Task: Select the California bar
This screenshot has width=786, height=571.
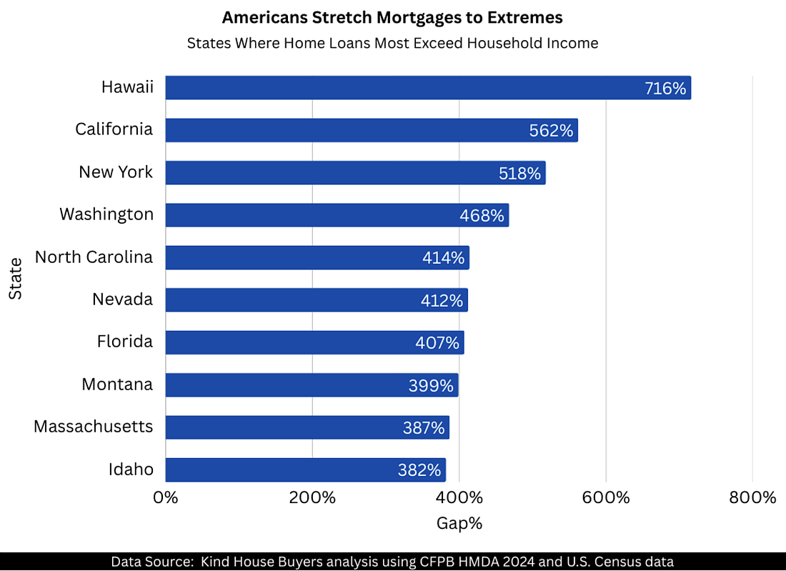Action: pyautogui.click(x=371, y=130)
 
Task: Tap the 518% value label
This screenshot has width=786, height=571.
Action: pyautogui.click(x=519, y=173)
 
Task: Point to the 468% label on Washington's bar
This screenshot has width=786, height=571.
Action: pyautogui.click(x=482, y=215)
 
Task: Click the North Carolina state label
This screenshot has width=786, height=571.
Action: pyautogui.click(x=94, y=257)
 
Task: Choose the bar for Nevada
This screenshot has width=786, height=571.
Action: pyautogui.click(x=316, y=300)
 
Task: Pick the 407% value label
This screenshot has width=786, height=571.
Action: pyautogui.click(x=437, y=343)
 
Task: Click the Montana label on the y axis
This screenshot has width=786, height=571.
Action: pyautogui.click(x=117, y=384)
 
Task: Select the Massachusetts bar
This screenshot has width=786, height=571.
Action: pyautogui.click(x=307, y=427)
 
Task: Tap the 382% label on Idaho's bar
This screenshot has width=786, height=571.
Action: pyautogui.click(x=419, y=470)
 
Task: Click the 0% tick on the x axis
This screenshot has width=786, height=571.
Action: pyautogui.click(x=166, y=497)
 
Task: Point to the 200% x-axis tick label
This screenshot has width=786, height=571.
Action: pyautogui.click(x=312, y=497)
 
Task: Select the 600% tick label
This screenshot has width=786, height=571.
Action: pyautogui.click(x=606, y=497)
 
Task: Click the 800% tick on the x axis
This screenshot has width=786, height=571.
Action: pyautogui.click(x=752, y=497)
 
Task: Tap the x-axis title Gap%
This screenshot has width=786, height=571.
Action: pyautogui.click(x=459, y=523)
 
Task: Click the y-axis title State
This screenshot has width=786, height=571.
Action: pyautogui.click(x=16, y=279)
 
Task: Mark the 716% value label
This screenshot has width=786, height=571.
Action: pyautogui.click(x=665, y=89)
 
